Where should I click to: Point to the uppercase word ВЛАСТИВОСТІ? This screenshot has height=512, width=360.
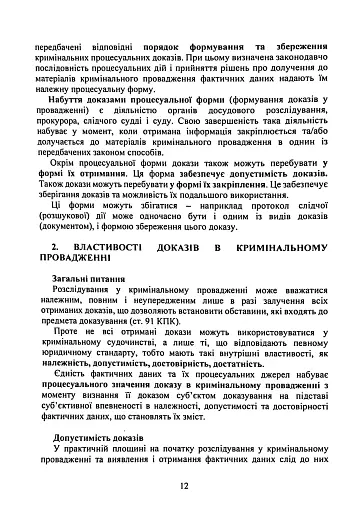coord(109,245)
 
